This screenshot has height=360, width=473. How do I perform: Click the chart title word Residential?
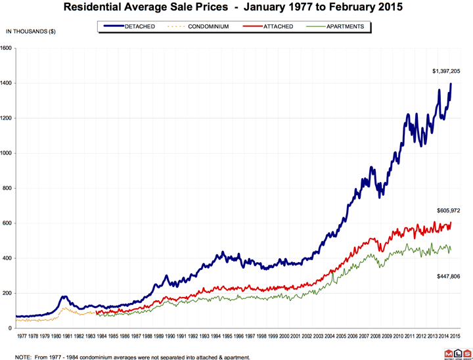tap(99, 9)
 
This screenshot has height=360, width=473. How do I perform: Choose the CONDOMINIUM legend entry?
tap(203, 27)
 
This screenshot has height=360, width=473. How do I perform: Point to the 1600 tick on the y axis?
tap(7, 48)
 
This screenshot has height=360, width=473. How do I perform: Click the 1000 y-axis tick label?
tap(7, 153)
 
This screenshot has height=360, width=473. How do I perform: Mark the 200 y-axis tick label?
tap(8, 294)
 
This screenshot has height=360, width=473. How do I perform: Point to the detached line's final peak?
tap(451, 83)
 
